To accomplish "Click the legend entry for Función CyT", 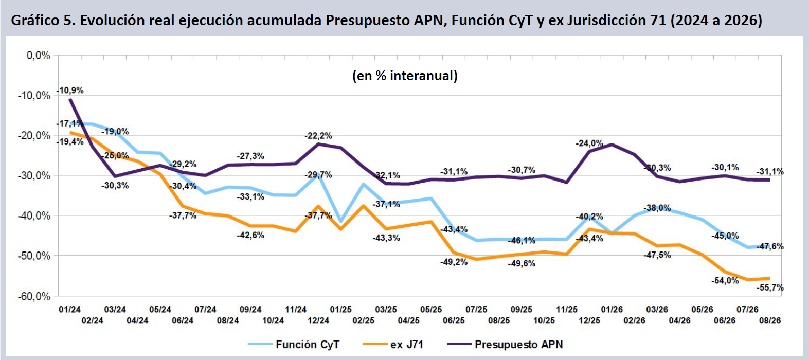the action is click(294, 345).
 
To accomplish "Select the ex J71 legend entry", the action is click(392, 345).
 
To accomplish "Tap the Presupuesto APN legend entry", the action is click(505, 345).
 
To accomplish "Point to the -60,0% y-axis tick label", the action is click(34, 296).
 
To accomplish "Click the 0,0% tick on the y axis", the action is click(38, 56).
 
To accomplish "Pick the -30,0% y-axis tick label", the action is click(34, 176).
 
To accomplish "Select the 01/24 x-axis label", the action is click(70, 310).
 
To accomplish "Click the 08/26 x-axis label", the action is click(770, 320).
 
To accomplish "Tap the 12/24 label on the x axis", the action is click(318, 320).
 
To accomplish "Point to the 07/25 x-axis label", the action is click(476, 310).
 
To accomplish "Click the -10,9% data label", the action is click(70, 91).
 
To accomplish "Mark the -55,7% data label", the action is click(770, 287).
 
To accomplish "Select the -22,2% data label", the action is click(318, 136).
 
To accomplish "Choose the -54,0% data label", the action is click(725, 281).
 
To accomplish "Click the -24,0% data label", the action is click(589, 143).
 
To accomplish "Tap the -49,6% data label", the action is click(522, 264).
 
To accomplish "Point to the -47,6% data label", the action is click(770, 246).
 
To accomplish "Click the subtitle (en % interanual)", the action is click(405, 76).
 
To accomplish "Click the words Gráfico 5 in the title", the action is click(40, 20).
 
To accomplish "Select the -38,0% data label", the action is click(657, 208).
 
